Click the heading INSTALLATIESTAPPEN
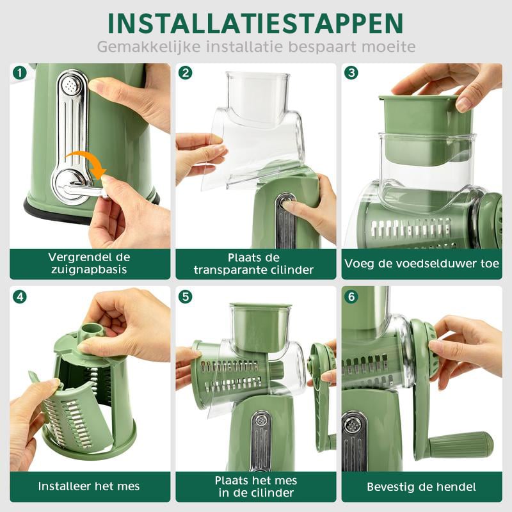click(x=255, y=24)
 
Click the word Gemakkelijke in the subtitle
click(x=149, y=47)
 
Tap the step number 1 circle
click(x=20, y=73)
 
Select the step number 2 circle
click(x=186, y=73)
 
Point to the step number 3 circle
click(x=351, y=73)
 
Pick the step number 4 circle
click(x=20, y=297)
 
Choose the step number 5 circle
click(x=186, y=297)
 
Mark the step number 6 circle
click(x=351, y=297)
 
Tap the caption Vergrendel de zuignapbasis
click(x=89, y=263)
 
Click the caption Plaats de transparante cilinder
click(x=253, y=264)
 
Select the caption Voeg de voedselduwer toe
click(x=422, y=264)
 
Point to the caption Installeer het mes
click(x=89, y=486)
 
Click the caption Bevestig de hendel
click(x=421, y=487)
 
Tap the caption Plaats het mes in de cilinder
click(x=256, y=486)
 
